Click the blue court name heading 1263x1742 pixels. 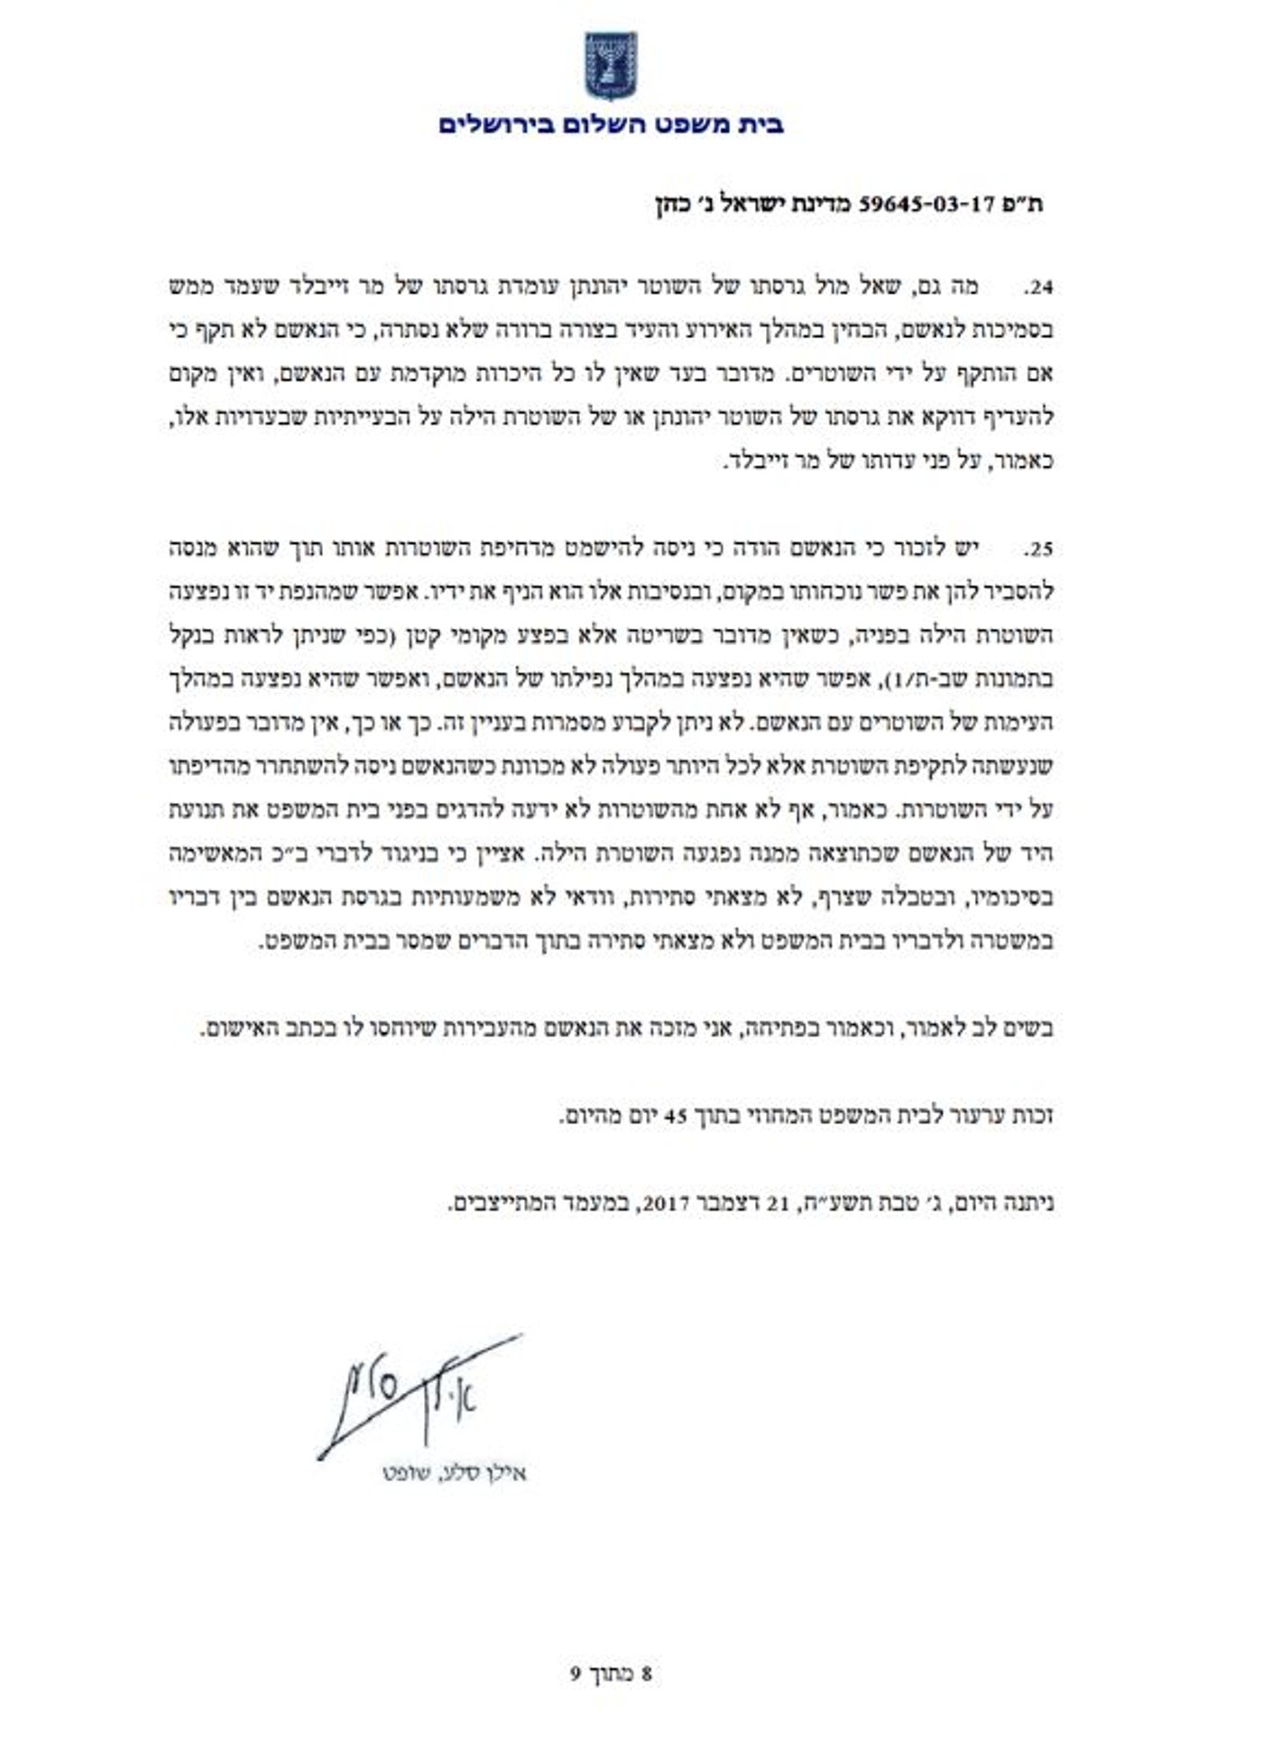tap(611, 124)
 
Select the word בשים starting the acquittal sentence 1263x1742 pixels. tap(1032, 1028)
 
